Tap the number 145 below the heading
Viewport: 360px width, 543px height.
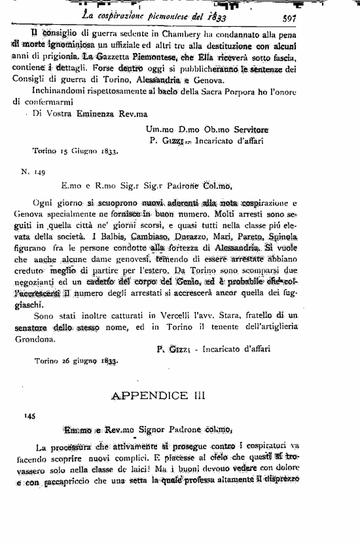click(x=27, y=416)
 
